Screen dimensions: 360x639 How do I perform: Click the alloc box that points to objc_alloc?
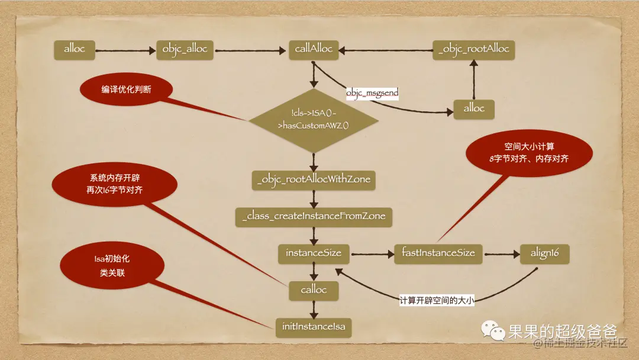point(75,50)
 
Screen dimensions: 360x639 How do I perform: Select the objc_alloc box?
point(185,50)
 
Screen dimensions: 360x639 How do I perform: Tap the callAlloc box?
point(314,50)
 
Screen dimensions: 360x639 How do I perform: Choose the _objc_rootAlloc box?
point(473,50)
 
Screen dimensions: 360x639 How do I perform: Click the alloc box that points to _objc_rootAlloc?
point(474,108)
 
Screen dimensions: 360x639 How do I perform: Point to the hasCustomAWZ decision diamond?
point(314,120)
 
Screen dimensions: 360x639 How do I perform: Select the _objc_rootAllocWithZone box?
point(314,180)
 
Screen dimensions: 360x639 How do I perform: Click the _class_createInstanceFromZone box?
point(314,216)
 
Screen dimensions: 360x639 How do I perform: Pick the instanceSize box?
point(314,253)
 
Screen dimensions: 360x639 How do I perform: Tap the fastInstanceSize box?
point(438,253)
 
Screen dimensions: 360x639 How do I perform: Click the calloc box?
point(314,290)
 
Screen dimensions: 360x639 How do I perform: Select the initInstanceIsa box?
point(314,326)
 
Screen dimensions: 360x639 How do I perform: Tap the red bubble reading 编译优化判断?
point(126,89)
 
